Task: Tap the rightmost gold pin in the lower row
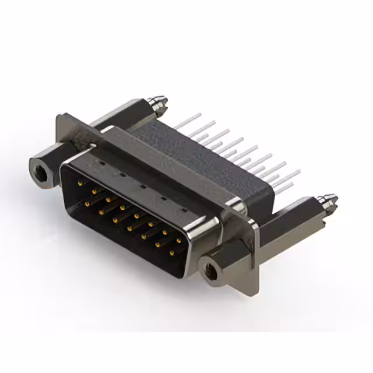point(172,253)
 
